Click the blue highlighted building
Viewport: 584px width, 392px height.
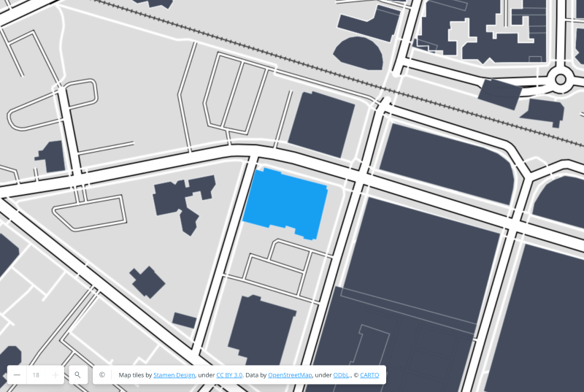click(x=285, y=202)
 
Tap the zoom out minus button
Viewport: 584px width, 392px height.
click(x=17, y=374)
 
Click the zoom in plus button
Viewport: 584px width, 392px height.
click(x=55, y=374)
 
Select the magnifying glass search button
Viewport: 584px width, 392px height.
click(x=77, y=374)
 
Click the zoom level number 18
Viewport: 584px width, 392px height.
click(x=36, y=374)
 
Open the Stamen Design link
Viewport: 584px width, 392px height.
click(x=174, y=374)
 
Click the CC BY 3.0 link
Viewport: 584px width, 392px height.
click(x=229, y=374)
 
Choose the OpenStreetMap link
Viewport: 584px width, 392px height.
click(x=290, y=374)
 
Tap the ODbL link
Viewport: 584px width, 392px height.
click(x=341, y=374)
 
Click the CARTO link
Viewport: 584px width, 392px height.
click(x=369, y=374)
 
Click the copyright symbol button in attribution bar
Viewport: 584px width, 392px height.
click(x=102, y=374)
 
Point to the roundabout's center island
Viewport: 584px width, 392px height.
click(x=561, y=79)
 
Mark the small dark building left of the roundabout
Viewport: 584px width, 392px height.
click(x=500, y=93)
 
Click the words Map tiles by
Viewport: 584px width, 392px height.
click(x=135, y=374)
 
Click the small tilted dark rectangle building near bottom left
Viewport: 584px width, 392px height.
click(x=184, y=320)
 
